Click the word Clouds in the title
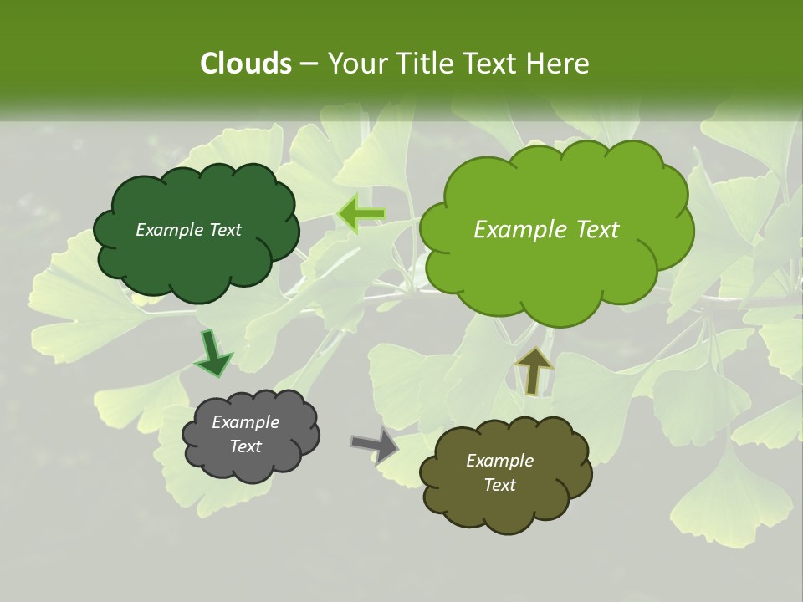pos(245,64)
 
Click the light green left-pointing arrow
pos(361,214)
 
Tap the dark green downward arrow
pos(213,354)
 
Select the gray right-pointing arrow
pos(374,445)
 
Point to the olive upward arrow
pos(533,370)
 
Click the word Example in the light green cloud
pos(519,230)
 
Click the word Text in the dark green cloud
pos(224,230)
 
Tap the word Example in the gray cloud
pos(245,422)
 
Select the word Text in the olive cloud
pos(499,485)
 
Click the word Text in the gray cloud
pos(245,446)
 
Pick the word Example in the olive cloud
pos(499,461)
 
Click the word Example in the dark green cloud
pos(170,230)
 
